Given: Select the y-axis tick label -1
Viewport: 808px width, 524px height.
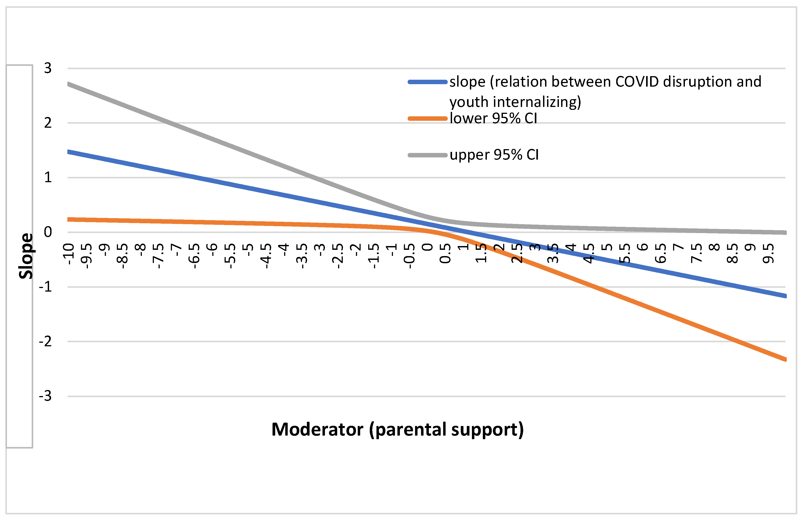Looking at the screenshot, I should [x=45, y=287].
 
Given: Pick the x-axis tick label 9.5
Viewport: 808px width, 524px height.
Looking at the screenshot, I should [x=768, y=253].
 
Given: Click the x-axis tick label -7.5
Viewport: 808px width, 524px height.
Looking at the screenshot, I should [x=159, y=256].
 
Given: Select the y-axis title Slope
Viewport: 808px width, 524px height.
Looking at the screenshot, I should [x=26, y=256].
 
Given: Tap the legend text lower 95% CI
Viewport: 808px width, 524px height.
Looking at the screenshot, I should [x=493, y=118].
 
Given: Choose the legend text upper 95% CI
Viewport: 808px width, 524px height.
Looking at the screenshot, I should [x=494, y=155].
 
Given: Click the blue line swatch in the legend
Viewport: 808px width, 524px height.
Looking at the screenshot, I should [x=428, y=82].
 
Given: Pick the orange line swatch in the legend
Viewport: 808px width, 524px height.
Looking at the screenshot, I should [x=428, y=118].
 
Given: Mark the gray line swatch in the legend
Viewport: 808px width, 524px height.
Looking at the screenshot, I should [x=428, y=155].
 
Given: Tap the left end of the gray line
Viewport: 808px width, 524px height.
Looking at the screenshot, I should [x=69, y=84].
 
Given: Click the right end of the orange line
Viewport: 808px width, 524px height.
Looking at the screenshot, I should [x=785, y=359].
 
